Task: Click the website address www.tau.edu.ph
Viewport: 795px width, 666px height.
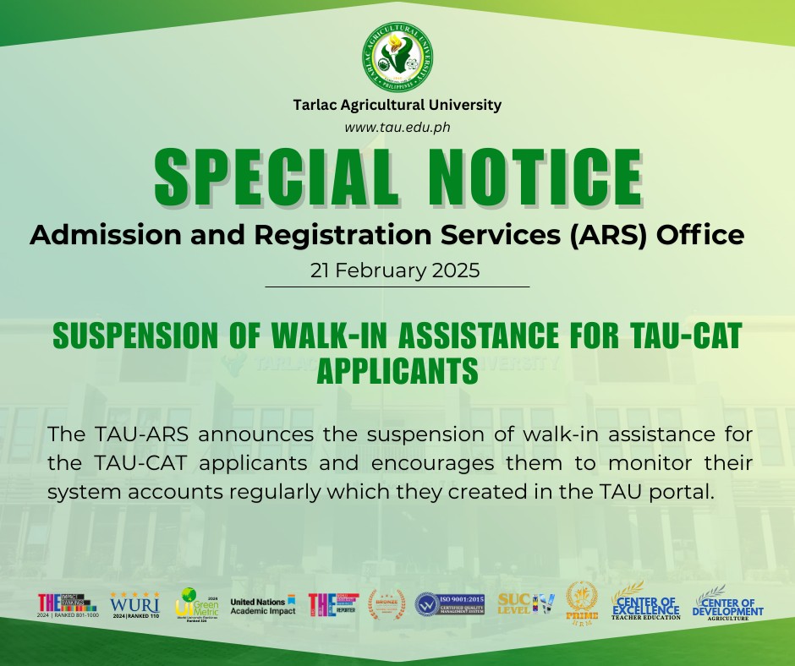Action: (397, 127)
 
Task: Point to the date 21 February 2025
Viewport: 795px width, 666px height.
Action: (397, 271)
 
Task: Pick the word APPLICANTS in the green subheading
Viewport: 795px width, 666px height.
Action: (397, 370)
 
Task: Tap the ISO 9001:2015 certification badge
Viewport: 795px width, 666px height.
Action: (449, 604)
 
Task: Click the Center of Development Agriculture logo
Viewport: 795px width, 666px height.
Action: (726, 603)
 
